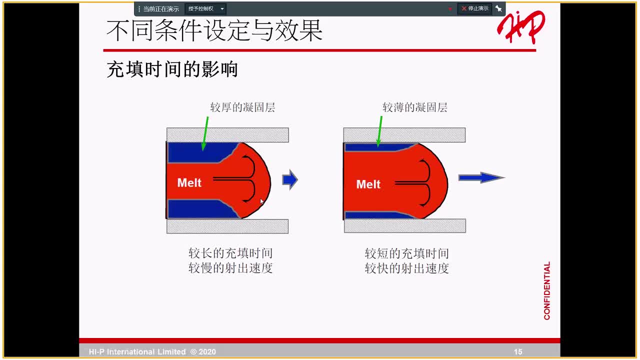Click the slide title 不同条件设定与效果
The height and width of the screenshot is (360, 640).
(214, 31)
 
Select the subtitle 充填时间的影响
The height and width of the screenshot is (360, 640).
(172, 69)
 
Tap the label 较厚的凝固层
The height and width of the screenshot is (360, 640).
(242, 107)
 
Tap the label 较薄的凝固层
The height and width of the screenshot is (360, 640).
(415, 107)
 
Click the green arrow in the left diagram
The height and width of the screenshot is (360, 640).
(205, 133)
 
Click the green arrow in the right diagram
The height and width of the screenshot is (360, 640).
(379, 131)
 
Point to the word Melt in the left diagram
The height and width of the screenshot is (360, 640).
(189, 183)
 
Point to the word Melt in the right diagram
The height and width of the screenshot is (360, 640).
(368, 184)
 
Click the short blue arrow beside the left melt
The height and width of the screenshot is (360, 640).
(290, 179)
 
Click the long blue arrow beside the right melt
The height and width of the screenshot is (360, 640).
(481, 177)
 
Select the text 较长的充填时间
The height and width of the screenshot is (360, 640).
(230, 253)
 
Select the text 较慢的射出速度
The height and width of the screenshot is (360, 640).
(230, 268)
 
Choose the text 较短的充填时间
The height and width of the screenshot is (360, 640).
(406, 253)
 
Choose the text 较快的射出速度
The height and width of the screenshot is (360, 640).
(406, 268)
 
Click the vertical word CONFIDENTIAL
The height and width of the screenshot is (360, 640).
(547, 290)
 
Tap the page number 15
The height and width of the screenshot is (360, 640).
(518, 351)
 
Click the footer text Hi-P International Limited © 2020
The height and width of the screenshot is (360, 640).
(152, 351)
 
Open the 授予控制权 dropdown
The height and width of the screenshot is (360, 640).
(205, 9)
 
